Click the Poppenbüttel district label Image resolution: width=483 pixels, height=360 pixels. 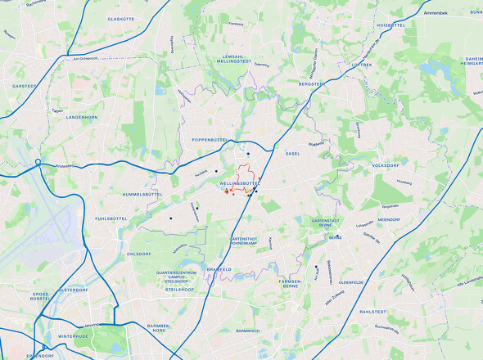click(x=214, y=140)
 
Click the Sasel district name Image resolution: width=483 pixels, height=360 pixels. click(x=293, y=153)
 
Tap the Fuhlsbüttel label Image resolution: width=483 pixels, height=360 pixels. click(x=111, y=218)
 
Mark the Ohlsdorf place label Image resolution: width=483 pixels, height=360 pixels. click(x=139, y=254)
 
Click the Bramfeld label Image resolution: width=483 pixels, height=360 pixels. click(x=219, y=269)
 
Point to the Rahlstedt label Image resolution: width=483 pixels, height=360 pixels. click(x=372, y=312)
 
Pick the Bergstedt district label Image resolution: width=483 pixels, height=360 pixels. click(x=312, y=83)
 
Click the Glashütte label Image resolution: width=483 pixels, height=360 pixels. click(x=120, y=18)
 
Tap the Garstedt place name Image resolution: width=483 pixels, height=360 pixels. click(x=25, y=85)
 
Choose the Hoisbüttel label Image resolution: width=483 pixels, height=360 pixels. click(x=391, y=25)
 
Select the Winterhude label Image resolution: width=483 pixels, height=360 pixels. click(x=79, y=336)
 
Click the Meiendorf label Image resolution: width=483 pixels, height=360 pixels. click(x=388, y=219)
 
